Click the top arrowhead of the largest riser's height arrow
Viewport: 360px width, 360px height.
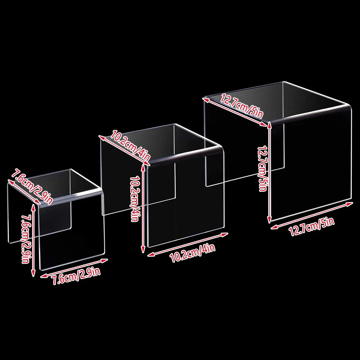tap(269, 124)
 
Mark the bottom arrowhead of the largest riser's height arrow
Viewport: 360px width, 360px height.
tap(269, 220)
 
